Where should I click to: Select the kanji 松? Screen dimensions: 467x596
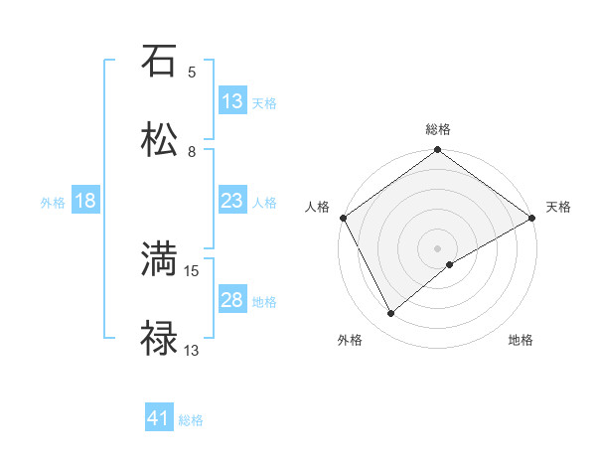coord(159,139)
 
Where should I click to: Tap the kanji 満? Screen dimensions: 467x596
coord(159,260)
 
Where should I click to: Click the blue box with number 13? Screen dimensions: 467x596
coord(232,101)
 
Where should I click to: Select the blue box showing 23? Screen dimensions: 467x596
coord(232,201)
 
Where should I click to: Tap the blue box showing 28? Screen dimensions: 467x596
coord(232,300)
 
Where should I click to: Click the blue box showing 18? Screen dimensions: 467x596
coord(85,201)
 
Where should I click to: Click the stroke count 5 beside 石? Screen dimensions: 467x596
coord(192,72)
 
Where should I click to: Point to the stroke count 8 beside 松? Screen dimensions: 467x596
coord(192,151)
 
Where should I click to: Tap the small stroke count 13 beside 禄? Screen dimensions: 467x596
coord(193,350)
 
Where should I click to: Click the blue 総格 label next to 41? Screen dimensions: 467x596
coord(191,420)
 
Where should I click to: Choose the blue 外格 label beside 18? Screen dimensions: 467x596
coord(53,203)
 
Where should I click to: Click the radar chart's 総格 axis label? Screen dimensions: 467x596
coord(438,129)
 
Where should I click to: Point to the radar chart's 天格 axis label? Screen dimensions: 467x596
coord(559,207)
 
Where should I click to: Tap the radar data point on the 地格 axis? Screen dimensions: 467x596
coord(450,264)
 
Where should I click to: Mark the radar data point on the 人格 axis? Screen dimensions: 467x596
coord(343,218)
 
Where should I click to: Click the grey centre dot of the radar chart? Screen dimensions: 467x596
coord(438,247)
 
